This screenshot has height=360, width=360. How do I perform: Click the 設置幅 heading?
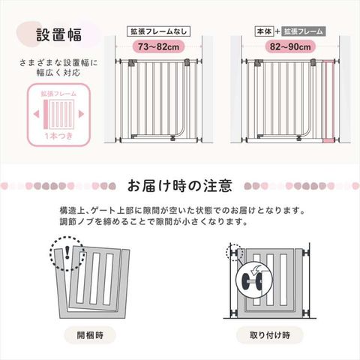click(59, 34)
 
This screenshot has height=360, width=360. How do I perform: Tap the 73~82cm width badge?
click(158, 46)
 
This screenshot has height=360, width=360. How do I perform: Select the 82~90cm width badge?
click(290, 46)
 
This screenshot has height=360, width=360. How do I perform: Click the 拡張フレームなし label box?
click(159, 31)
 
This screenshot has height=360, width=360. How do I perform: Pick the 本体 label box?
click(264, 31)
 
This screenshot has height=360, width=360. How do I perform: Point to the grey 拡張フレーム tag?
click(304, 31)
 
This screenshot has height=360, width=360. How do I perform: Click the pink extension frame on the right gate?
click(328, 101)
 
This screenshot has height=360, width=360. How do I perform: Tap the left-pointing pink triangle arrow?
click(37, 114)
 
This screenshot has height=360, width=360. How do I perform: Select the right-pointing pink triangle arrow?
click(81, 114)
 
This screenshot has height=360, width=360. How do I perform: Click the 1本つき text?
click(58, 136)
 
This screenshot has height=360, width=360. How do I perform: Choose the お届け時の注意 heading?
click(179, 186)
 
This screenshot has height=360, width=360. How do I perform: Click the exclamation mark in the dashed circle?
click(67, 252)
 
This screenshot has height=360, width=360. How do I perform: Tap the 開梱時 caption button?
click(90, 335)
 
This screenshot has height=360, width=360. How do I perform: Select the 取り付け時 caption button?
click(270, 335)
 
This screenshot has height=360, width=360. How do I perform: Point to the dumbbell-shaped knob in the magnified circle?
click(251, 280)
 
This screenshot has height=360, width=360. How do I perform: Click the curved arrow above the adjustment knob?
click(256, 270)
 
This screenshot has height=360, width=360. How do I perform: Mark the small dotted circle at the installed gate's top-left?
click(234, 253)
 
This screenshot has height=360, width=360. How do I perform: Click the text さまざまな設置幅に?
click(58, 62)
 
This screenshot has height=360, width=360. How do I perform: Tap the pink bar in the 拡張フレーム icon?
click(46, 114)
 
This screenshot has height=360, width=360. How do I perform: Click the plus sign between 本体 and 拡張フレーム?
click(277, 31)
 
